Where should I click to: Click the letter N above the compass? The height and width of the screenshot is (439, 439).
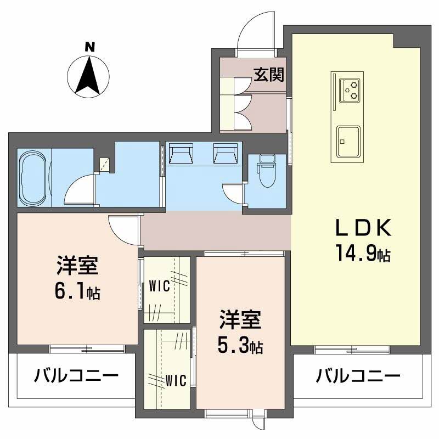coord(88,47)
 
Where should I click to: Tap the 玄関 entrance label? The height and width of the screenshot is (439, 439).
coord(264,75)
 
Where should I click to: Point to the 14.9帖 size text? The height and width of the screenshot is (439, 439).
coord(363,254)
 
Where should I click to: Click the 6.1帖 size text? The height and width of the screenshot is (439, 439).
coord(77,292)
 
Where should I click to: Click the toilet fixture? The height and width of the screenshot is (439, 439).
coord(267,173)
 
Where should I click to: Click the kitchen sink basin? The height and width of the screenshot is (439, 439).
coord(348,140)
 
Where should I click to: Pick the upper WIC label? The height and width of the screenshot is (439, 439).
coord(159,286)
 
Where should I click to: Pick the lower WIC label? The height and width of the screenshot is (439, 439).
coord(177,379)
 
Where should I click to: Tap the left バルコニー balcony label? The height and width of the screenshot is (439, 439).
coord(76,376)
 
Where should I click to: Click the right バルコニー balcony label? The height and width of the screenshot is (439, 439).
coord(357,376)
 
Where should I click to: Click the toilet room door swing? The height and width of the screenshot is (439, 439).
coord(233,193)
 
